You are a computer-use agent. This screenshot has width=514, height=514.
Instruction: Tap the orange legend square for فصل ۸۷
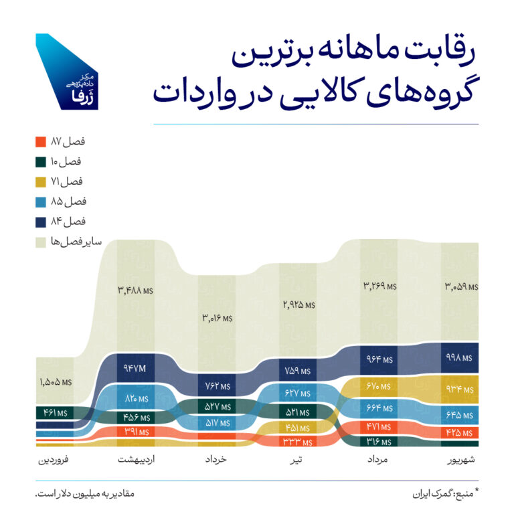tap(40, 142)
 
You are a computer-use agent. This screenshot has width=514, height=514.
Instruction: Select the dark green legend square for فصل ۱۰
tap(40, 161)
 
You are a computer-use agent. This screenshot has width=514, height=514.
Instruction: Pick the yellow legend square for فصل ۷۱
tap(40, 181)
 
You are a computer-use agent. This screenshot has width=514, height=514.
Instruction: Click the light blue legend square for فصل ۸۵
tap(40, 201)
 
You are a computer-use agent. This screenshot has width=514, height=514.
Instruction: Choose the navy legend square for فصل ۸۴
tap(40, 221)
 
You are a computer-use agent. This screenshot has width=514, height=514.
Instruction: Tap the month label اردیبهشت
tap(136, 461)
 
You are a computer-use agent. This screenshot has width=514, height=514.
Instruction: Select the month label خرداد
tap(216, 461)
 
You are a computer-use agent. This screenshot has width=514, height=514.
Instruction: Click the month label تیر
tap(297, 461)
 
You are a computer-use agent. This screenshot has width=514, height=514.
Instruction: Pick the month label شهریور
tap(460, 461)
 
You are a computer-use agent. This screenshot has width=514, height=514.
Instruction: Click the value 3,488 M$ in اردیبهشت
tap(136, 290)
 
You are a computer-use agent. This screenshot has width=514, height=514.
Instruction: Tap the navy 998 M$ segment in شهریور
tap(460, 358)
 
